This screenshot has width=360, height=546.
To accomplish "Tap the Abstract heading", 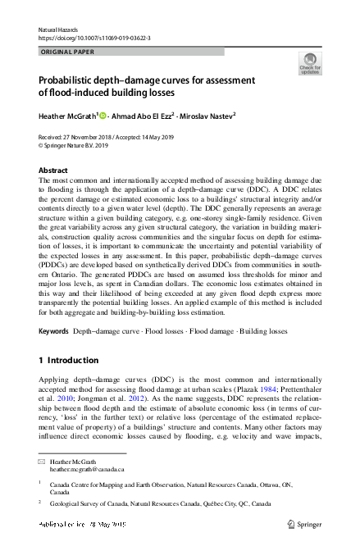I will [x=53, y=171].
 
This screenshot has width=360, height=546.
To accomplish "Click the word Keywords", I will [x=54, y=331].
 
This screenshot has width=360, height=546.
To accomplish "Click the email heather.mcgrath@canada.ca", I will [x=87, y=470].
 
